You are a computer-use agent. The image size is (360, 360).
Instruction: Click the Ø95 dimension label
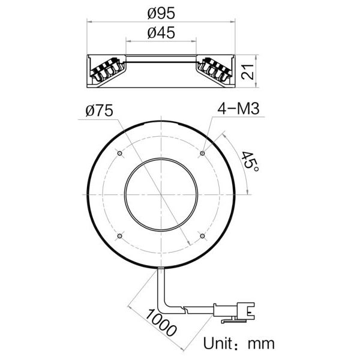point(161,13)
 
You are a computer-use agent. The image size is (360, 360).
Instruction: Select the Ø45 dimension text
point(161,32)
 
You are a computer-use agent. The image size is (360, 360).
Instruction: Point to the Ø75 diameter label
point(99,110)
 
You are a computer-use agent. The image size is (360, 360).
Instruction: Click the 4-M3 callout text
point(238,109)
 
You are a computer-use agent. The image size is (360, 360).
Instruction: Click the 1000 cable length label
point(161,322)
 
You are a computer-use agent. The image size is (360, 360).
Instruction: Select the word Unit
point(218,343)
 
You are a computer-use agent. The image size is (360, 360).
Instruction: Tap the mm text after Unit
point(261,344)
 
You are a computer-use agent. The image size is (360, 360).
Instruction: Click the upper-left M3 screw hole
point(119,153)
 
